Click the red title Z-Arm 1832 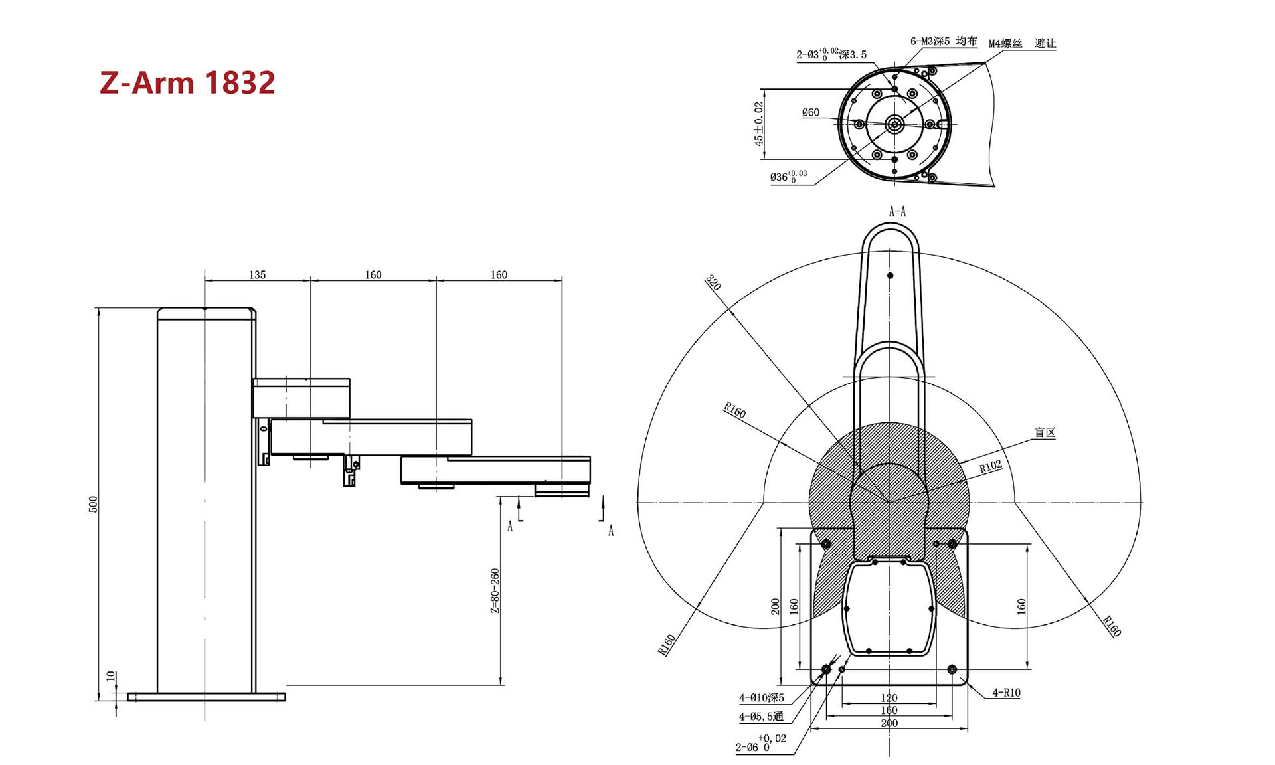click(187, 82)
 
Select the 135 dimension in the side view click(258, 274)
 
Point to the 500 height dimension click(94, 504)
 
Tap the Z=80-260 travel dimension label click(495, 590)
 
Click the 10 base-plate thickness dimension click(111, 676)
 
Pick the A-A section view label click(897, 212)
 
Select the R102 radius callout click(991, 467)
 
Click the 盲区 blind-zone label click(1045, 432)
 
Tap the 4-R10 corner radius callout click(1006, 693)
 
